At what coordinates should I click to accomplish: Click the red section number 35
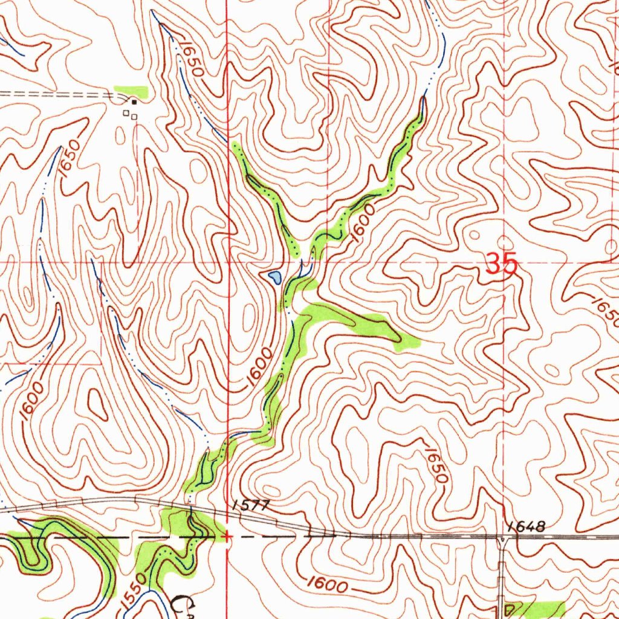point(502,264)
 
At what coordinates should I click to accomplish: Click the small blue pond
point(274,277)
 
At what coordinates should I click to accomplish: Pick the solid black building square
point(134,102)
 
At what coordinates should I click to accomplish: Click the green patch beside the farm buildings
point(133,91)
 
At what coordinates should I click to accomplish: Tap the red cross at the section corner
point(227,536)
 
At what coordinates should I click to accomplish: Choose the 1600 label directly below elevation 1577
point(326,584)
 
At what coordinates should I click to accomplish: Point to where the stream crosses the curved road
point(190,508)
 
